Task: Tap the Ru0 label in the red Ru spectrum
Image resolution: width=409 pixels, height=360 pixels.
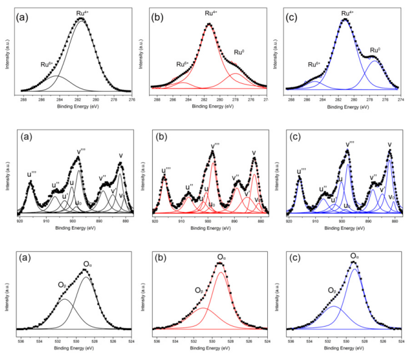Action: (x=240, y=53)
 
